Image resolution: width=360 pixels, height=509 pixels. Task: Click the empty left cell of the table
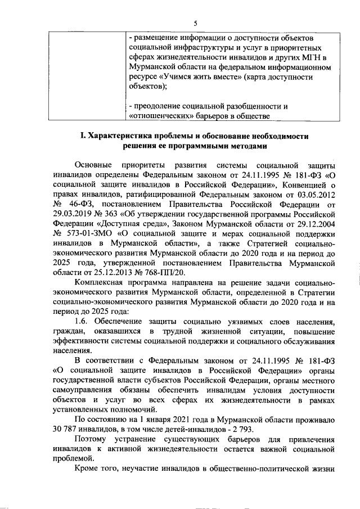coord(84,76)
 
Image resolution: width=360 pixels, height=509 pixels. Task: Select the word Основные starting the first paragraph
coord(93,166)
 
